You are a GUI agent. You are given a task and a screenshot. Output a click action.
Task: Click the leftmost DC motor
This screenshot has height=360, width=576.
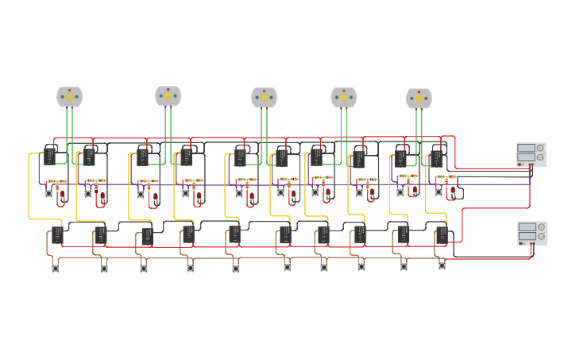pos(69,97)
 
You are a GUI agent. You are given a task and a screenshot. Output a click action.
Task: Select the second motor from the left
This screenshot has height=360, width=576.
pos(168,96)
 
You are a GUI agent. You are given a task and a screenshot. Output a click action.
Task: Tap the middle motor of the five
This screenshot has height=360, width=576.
pos(264,98)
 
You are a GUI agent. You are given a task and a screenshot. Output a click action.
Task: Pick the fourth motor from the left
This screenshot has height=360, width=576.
pos(343,98)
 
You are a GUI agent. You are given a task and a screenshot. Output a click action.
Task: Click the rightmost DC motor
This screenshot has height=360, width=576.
pos(419,99)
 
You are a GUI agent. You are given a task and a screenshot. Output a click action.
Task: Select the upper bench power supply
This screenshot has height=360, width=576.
pos(530,153)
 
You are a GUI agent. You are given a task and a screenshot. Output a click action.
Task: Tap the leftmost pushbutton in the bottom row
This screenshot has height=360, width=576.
pos(56,269)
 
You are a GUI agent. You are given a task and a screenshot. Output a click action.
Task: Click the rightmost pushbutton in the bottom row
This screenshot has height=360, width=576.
pos(442,266)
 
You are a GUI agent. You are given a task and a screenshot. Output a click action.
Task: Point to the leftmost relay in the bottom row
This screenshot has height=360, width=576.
pos(57,234)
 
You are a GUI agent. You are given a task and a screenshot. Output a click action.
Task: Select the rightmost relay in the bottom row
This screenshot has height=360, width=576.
pos(442,234)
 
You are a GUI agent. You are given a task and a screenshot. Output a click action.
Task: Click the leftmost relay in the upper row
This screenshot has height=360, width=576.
pos(49,155)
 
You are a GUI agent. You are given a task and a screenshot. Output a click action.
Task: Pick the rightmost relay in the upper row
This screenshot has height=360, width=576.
pos(436,158)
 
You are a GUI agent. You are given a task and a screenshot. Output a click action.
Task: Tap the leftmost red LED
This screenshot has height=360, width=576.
pos(62,193)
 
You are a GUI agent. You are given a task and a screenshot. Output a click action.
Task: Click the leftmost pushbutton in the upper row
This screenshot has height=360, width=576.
pos(48,193)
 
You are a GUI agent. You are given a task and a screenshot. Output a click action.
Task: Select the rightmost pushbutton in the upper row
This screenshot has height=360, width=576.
pos(438,192)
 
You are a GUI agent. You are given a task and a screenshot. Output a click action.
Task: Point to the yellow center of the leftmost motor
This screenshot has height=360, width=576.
pos(69,97)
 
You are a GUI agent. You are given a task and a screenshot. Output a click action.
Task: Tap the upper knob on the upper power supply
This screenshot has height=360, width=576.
pos(540,148)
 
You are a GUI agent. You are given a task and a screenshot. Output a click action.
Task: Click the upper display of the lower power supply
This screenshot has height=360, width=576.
pos(526,227)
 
